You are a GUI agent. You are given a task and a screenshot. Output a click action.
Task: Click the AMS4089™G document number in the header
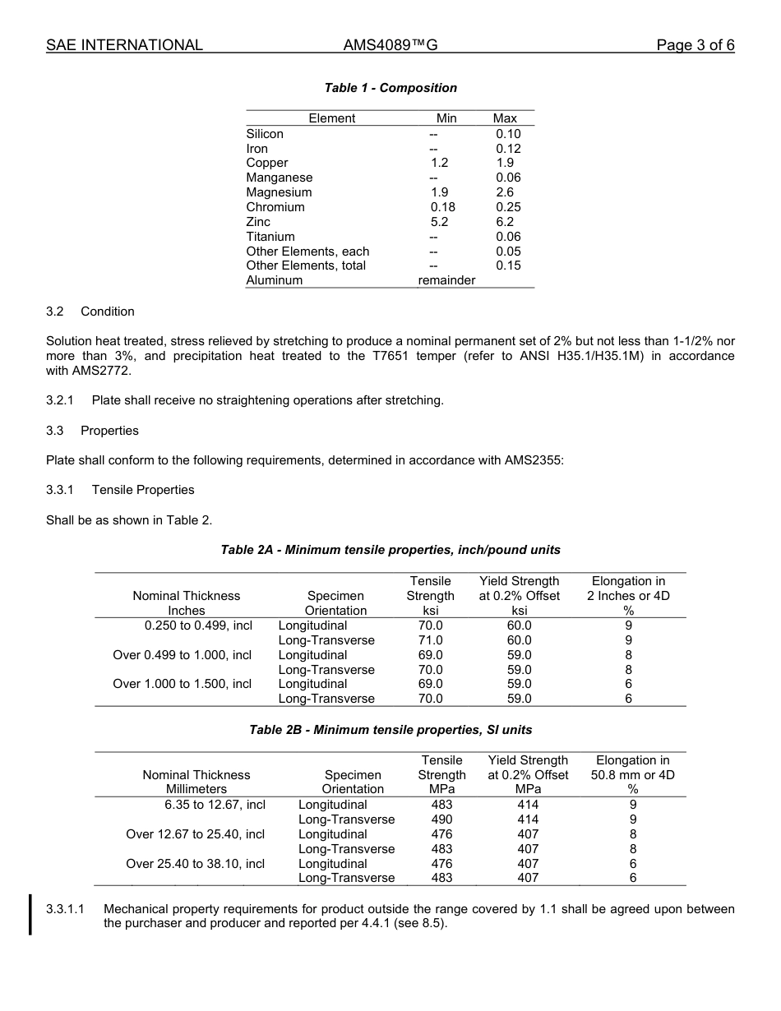[x=390, y=45]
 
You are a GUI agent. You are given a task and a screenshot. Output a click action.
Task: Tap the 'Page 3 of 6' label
[x=695, y=45]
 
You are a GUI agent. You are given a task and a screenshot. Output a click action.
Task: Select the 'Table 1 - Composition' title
[x=390, y=88]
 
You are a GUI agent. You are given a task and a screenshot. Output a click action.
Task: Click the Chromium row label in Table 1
[x=275, y=207]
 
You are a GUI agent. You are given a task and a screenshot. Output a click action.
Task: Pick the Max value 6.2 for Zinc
[x=505, y=222]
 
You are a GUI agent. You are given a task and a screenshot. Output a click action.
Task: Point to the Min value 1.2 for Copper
[x=439, y=163]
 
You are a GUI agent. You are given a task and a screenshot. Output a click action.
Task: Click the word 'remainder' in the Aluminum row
[x=446, y=280]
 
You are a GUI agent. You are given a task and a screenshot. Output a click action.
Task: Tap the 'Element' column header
[x=332, y=118]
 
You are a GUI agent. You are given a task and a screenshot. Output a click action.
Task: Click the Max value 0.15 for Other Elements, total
[x=508, y=265]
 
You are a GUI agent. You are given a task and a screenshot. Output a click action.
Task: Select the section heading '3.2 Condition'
[x=90, y=312]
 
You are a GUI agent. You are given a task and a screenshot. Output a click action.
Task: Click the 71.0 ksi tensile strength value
[x=430, y=640]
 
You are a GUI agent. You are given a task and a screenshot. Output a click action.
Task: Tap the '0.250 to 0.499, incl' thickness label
[x=198, y=626]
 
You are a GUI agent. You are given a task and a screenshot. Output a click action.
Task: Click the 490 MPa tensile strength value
[x=441, y=819]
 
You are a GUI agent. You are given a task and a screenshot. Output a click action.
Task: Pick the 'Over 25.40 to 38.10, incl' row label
[x=196, y=864]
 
